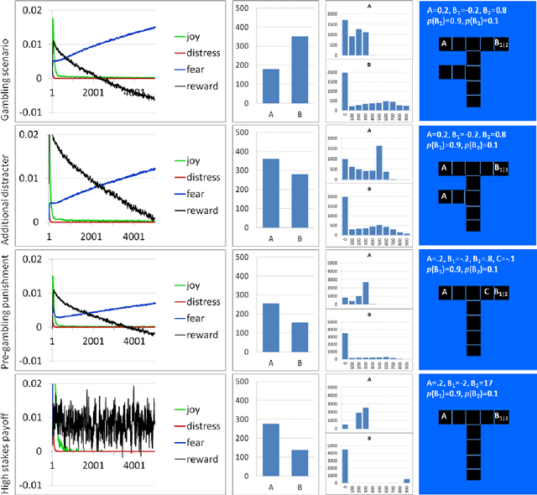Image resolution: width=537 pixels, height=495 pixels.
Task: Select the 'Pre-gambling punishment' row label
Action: pos(8,309)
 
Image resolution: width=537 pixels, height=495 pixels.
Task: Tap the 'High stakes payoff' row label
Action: pos(8,432)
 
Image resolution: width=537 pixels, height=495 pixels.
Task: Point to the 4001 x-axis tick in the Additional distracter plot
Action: pos(132,237)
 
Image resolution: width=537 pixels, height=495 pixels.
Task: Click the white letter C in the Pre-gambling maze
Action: pos(487,293)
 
